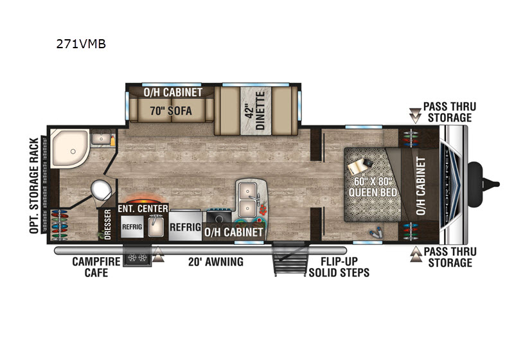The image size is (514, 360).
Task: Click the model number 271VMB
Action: [x=81, y=44]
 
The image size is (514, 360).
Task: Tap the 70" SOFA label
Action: [x=171, y=111]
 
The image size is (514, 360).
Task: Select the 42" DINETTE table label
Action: [x=256, y=111]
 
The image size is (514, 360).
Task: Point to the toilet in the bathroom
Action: [x=102, y=190]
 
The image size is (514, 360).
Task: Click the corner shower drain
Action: [x=73, y=152]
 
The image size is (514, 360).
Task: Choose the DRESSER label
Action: [x=107, y=224]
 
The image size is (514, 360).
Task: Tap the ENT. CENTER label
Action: [x=143, y=208]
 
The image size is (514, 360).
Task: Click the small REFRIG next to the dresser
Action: [x=132, y=226]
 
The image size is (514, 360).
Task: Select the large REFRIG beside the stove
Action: [x=185, y=227]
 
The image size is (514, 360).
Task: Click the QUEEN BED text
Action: [x=373, y=192]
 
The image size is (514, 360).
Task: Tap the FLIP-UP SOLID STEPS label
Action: [x=339, y=267]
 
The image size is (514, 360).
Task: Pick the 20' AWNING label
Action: [x=216, y=262]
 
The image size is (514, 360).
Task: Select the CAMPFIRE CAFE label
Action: [x=96, y=267]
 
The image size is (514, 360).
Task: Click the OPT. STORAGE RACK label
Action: [x=34, y=186]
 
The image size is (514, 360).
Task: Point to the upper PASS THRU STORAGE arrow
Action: [x=415, y=116]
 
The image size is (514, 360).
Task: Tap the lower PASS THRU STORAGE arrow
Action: [x=416, y=255]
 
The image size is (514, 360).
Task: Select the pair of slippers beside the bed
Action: [x=377, y=232]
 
